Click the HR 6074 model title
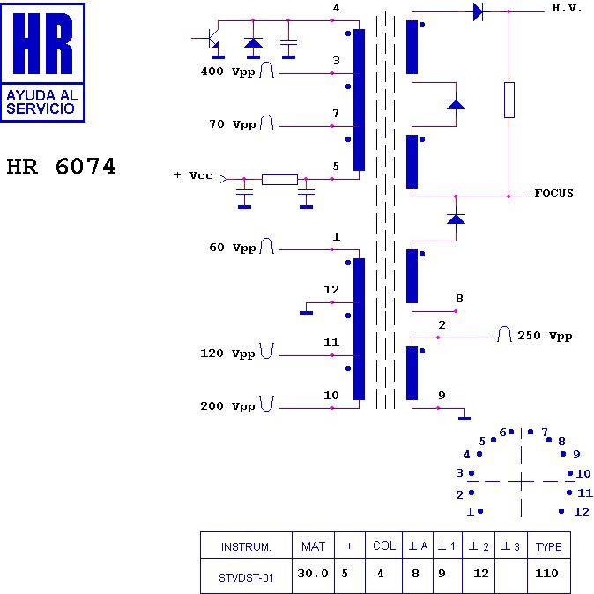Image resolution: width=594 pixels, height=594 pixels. tap(61, 167)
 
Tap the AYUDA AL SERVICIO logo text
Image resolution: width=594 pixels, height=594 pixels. tap(41, 102)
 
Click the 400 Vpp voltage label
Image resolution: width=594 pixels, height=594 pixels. tap(227, 71)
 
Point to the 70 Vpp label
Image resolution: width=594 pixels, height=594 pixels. tap(232, 124)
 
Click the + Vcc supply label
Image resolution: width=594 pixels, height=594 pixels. tap(194, 175)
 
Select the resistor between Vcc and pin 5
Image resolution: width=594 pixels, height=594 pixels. tap(279, 180)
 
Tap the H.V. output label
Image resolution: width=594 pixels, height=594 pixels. tap(567, 8)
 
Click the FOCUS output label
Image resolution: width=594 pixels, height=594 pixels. tap(553, 193)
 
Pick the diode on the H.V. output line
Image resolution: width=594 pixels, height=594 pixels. tap(478, 11)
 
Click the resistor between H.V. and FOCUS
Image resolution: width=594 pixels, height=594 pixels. tap(509, 100)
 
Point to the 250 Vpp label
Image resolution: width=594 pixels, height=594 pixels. tap(545, 336)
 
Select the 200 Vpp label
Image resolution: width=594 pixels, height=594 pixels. tap(227, 406)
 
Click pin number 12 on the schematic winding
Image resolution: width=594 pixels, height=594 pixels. tap(331, 290)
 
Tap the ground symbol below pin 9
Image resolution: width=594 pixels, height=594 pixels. tap(464, 419)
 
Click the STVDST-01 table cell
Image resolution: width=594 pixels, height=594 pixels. tap(246, 577)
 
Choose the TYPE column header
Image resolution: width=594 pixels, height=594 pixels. tap(548, 546)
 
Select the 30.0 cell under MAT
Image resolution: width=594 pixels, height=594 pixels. tap(313, 574)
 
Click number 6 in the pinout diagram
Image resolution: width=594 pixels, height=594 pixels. tap(502, 432)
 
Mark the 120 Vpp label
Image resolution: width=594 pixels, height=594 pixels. tap(227, 353)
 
